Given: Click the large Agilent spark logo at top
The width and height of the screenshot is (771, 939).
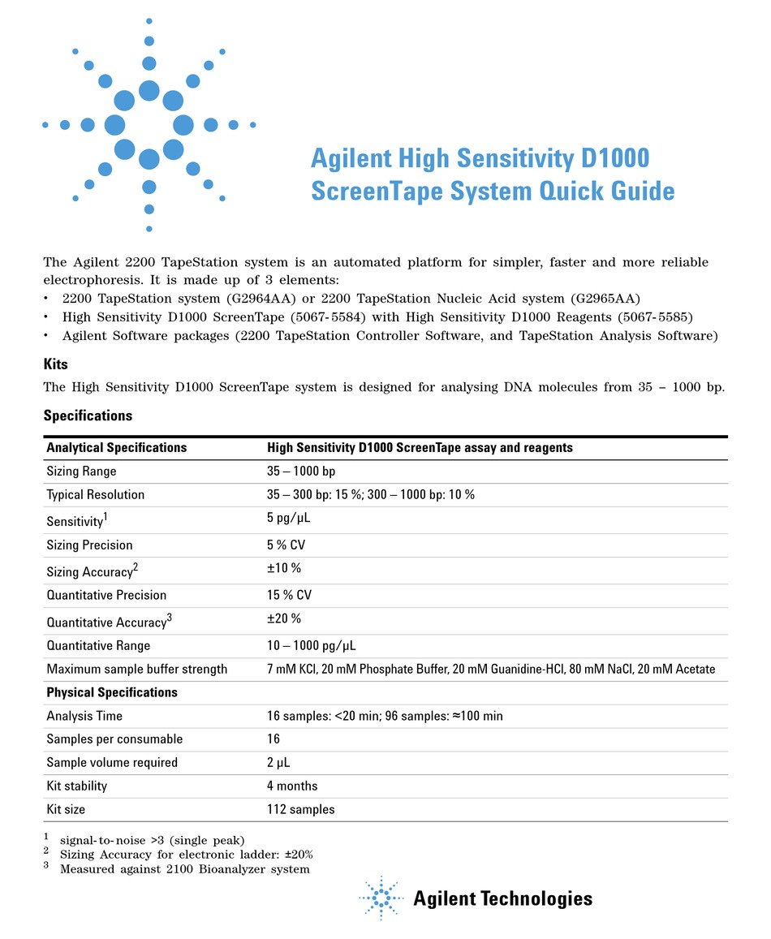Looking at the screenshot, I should click(x=149, y=125).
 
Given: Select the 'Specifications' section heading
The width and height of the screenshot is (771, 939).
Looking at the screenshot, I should click(x=88, y=416).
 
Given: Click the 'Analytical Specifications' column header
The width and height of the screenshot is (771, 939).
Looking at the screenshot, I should click(x=117, y=448).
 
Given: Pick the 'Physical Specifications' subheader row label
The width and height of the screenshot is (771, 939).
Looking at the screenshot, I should click(x=112, y=692).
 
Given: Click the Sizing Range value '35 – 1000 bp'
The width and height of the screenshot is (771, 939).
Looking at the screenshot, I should click(x=301, y=472).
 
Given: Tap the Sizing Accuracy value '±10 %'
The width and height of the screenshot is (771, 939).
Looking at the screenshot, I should click(x=284, y=569).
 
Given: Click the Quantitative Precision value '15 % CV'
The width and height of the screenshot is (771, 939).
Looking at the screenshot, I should click(x=290, y=595).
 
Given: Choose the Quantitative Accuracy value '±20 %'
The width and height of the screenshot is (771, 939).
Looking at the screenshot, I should click(x=284, y=619).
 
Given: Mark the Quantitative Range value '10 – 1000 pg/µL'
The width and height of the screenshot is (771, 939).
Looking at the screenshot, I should click(x=312, y=646).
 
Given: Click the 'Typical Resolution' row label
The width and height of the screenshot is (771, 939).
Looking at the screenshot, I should click(x=96, y=495).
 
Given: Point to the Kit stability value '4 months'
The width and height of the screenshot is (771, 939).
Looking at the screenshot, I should click(x=292, y=786).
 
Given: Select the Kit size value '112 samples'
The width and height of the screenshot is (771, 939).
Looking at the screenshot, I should click(x=300, y=809).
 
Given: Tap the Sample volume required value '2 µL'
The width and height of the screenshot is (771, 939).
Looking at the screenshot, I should click(x=279, y=763).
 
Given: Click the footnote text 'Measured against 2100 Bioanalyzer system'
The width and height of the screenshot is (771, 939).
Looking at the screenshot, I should click(x=185, y=869).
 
